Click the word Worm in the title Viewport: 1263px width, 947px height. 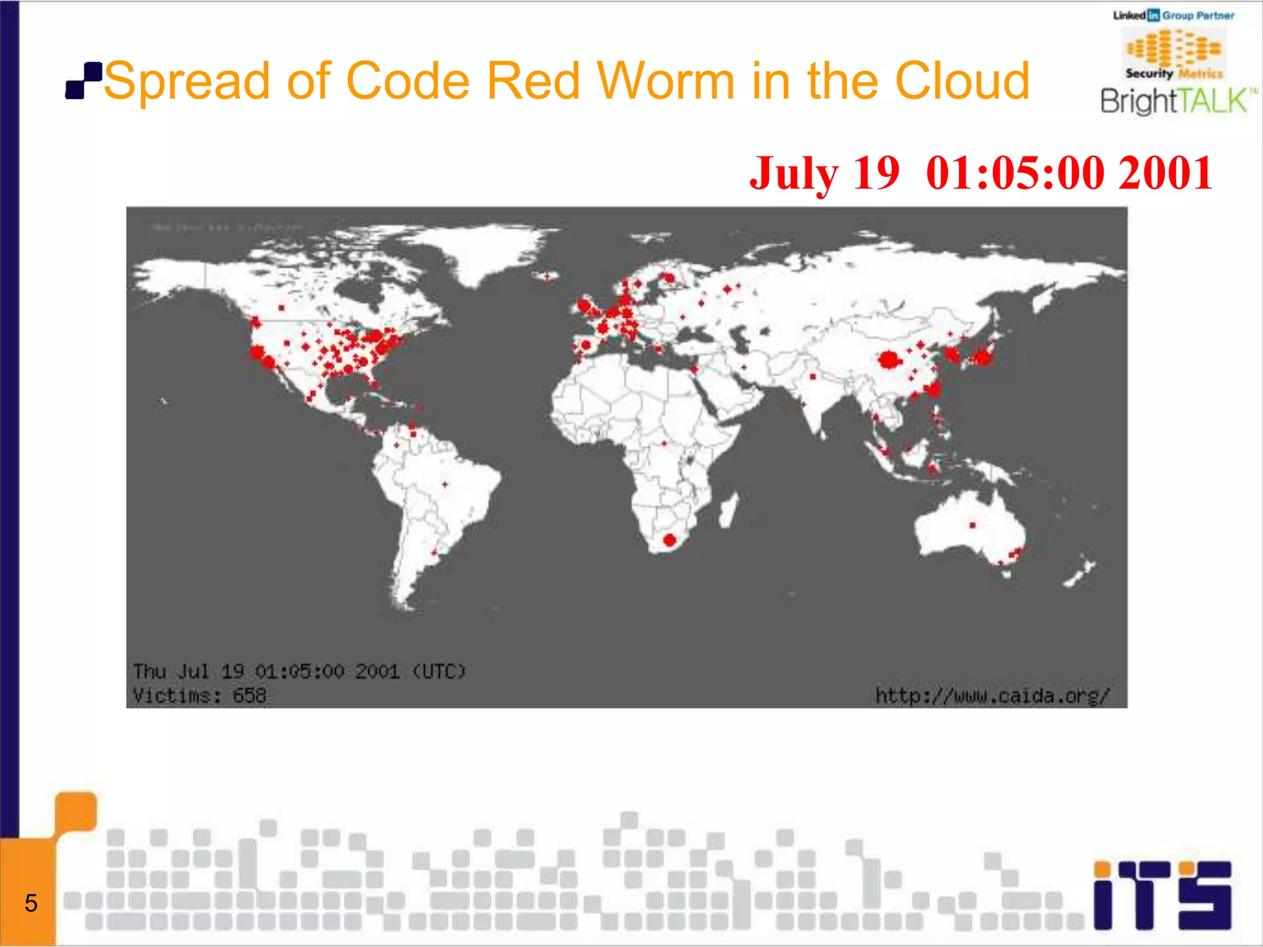(x=665, y=81)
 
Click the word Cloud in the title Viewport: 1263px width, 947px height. (x=962, y=81)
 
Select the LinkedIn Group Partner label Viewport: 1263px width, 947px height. (x=1173, y=15)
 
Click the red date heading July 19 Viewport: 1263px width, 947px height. (x=824, y=173)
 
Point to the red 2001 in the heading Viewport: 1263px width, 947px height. (x=1166, y=173)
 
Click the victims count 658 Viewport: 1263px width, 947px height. (x=249, y=696)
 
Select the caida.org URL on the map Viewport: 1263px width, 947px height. (x=992, y=696)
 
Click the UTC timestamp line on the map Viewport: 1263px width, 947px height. (x=299, y=671)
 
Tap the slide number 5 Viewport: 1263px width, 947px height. (x=31, y=903)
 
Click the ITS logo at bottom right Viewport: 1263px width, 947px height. (x=1162, y=895)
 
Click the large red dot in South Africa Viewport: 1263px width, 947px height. (x=670, y=541)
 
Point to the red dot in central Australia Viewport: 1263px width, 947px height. (x=973, y=525)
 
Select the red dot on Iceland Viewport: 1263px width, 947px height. (x=546, y=276)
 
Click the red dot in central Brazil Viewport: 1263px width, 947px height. (x=445, y=485)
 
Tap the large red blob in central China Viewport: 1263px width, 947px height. (x=888, y=359)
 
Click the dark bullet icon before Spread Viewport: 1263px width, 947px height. (x=83, y=81)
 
